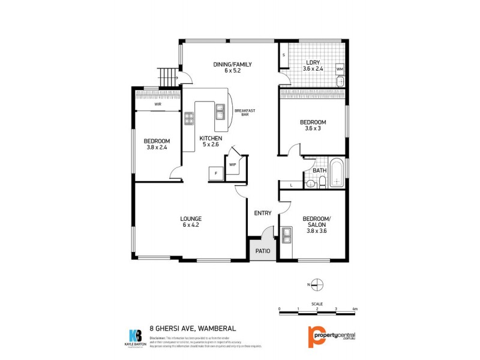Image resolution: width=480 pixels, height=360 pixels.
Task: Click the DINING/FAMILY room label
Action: coord(232,65)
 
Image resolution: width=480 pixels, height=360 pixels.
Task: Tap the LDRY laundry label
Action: coord(313,62)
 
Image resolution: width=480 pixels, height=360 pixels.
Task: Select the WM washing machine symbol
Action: coord(340,70)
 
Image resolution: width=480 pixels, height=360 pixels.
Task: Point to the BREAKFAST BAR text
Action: coord(245,113)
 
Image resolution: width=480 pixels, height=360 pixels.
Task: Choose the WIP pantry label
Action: coord(232,164)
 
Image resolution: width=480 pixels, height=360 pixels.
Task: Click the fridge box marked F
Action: coord(215,174)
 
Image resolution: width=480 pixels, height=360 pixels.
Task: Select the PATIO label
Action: coord(263,251)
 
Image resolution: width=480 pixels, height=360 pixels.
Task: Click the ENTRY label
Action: coord(263,213)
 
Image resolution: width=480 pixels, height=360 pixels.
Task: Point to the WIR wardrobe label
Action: coord(157,104)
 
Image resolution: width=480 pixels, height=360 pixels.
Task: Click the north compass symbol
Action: coord(318,284)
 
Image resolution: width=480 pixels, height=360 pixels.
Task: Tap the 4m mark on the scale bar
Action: coord(355,308)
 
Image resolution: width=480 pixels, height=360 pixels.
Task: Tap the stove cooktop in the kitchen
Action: coord(189,118)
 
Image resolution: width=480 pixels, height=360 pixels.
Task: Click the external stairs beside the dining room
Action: coord(172,77)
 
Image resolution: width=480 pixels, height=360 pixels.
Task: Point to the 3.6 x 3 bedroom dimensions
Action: coord(313,128)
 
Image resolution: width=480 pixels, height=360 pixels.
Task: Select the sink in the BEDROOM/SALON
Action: coord(287,237)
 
